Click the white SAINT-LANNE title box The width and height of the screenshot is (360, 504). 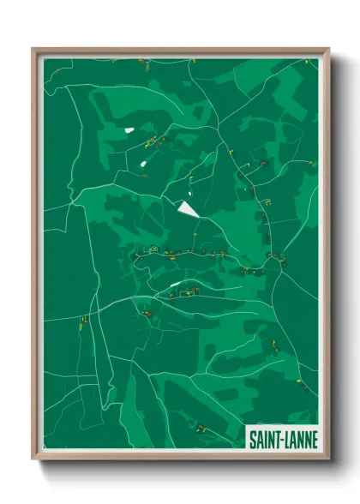(282, 438)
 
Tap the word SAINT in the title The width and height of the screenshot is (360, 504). (264, 440)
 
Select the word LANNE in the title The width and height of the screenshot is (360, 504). (300, 440)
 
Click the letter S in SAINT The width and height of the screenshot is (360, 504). (252, 440)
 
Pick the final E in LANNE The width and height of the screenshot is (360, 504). (314, 440)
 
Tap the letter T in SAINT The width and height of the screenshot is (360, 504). (276, 440)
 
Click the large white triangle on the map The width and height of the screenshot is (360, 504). (187, 208)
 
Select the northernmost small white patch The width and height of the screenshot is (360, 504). (129, 129)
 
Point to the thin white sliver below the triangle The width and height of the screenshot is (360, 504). (176, 285)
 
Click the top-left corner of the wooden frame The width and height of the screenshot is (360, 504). (33, 49)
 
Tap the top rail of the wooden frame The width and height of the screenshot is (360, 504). (180, 51)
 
